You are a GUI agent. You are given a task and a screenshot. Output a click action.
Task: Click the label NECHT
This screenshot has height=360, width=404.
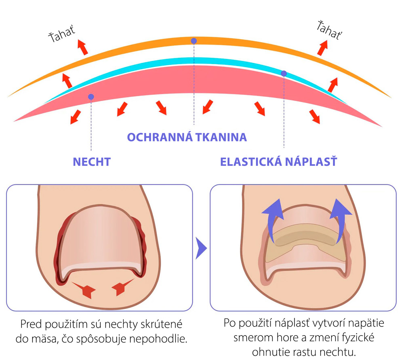click(x=92, y=162)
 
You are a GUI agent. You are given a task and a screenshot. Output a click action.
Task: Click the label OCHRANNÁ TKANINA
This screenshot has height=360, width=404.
click(x=187, y=137)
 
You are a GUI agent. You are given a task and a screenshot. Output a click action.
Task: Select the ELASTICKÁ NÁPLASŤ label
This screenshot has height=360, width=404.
click(x=279, y=162)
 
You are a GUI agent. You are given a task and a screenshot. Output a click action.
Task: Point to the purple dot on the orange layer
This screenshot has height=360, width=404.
click(x=194, y=41)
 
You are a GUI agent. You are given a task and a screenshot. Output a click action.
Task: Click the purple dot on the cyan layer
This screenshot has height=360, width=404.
click(x=284, y=73)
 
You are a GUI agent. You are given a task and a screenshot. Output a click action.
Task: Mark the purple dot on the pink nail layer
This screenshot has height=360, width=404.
click(x=91, y=97)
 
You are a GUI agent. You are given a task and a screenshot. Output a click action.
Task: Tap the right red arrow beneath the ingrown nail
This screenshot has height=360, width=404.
click(x=122, y=288)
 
